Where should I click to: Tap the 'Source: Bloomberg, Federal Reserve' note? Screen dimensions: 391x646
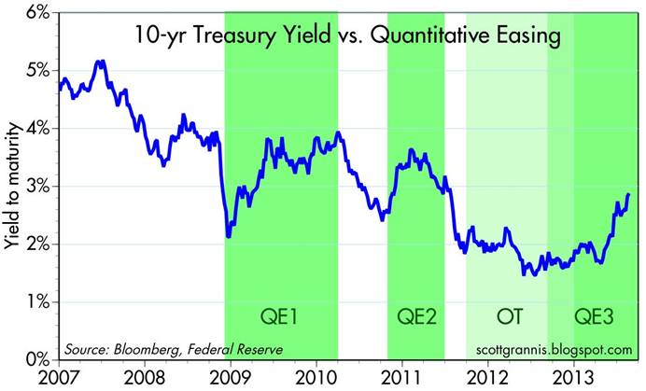(x=173, y=349)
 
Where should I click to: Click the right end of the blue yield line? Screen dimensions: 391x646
(x=629, y=194)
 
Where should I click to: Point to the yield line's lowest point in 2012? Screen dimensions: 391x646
(x=531, y=273)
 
